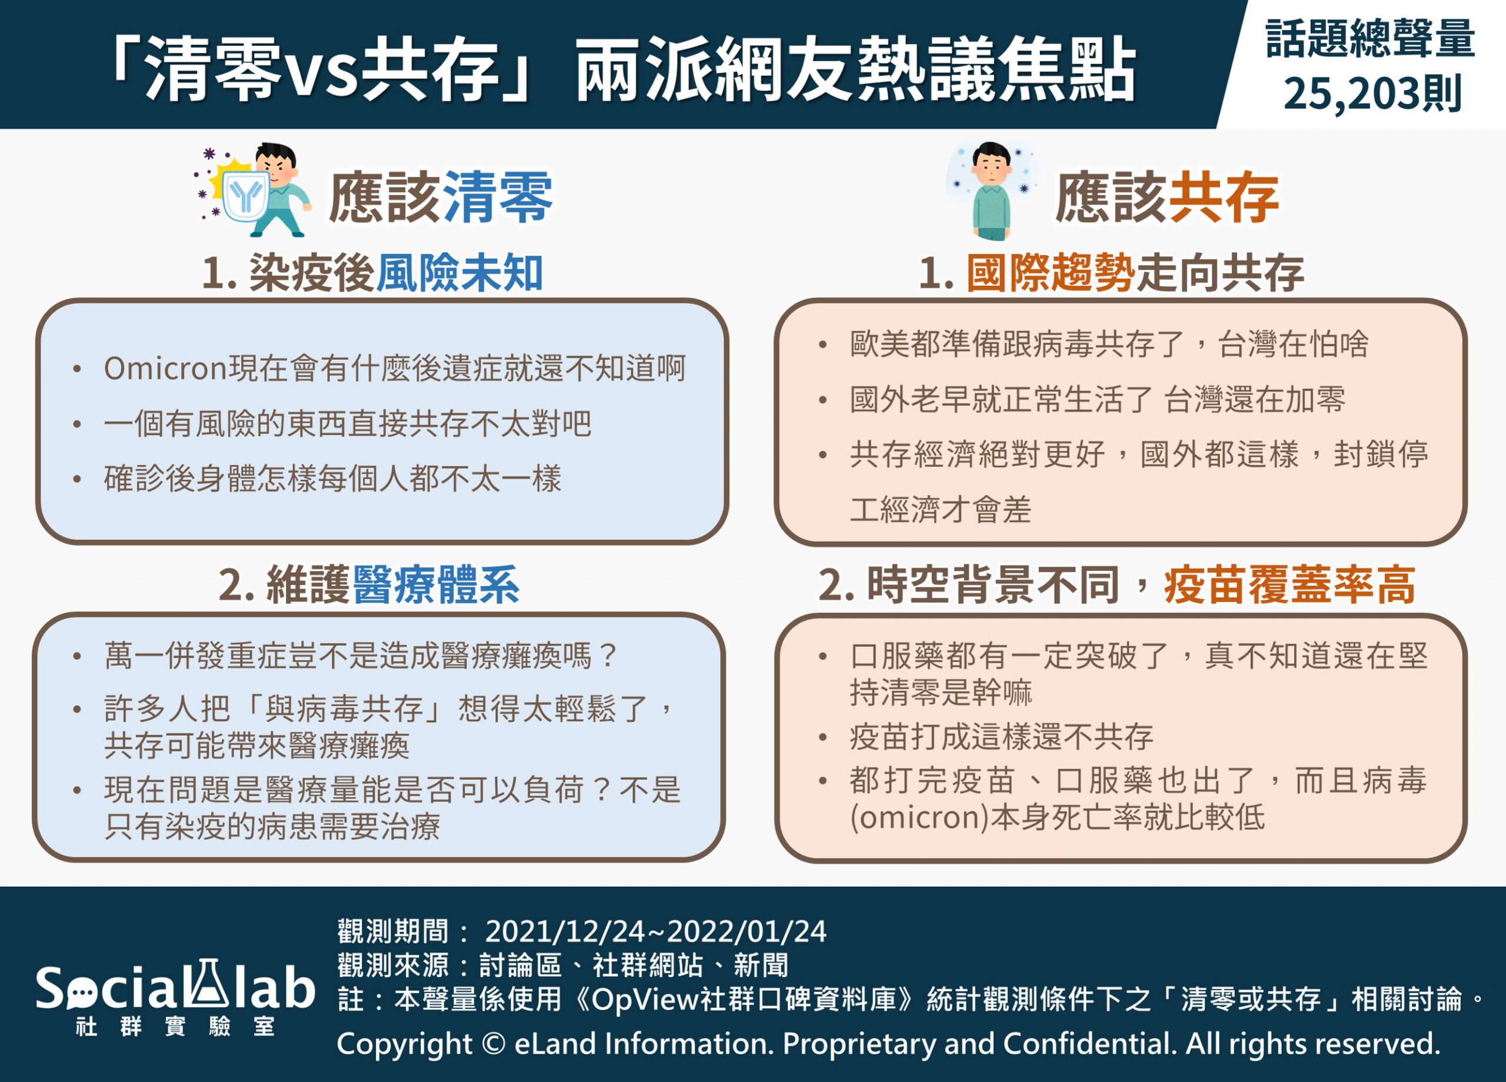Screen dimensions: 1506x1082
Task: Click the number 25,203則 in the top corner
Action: (1372, 93)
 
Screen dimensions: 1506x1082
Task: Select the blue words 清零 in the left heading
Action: (497, 197)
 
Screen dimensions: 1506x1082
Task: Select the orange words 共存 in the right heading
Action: (1224, 197)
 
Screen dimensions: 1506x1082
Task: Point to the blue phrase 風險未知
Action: (459, 273)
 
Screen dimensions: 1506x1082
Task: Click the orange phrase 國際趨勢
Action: (1051, 273)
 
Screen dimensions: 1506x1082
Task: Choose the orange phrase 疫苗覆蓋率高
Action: (1290, 585)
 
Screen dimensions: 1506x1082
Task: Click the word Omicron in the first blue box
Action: (166, 369)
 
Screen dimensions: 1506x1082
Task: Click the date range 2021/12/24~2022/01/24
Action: (655, 931)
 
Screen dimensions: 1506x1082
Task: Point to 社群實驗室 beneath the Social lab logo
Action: (175, 1027)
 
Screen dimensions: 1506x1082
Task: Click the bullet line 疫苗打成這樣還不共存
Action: (1001, 737)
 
